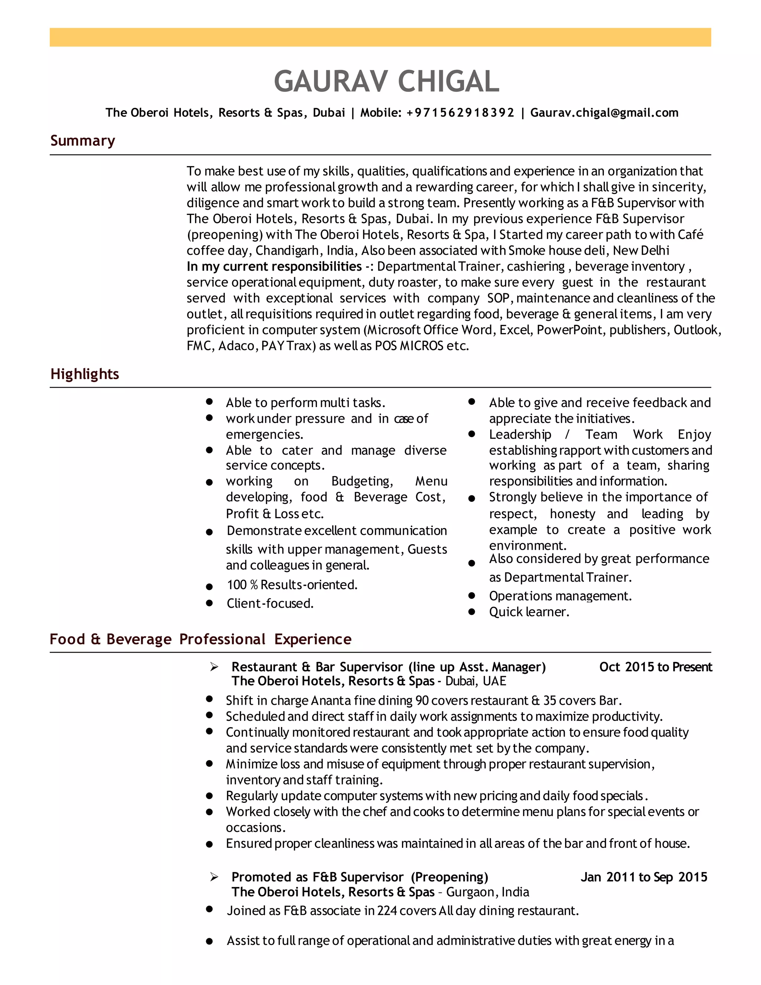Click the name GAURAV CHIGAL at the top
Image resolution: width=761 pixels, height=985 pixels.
point(386,82)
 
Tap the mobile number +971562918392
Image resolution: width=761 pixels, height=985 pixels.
point(460,113)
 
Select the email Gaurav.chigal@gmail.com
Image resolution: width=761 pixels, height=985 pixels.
point(604,113)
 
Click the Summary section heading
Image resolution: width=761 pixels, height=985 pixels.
point(82,141)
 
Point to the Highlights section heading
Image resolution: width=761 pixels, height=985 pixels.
point(84,374)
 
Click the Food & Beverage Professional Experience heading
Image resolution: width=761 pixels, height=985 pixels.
point(200,639)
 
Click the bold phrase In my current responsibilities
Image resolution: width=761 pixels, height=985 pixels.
point(274,267)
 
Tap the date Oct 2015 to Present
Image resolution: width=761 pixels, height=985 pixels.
point(655,667)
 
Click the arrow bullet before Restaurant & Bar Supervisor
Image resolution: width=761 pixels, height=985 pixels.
point(214,667)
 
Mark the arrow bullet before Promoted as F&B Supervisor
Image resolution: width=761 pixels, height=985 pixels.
point(214,877)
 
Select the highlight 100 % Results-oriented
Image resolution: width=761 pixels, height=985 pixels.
point(292,585)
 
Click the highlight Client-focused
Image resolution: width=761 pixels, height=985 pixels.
point(270,603)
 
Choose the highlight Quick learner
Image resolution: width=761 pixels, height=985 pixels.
point(529,612)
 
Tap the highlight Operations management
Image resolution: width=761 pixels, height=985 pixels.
point(560,596)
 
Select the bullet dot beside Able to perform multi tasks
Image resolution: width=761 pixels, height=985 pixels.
point(209,401)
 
